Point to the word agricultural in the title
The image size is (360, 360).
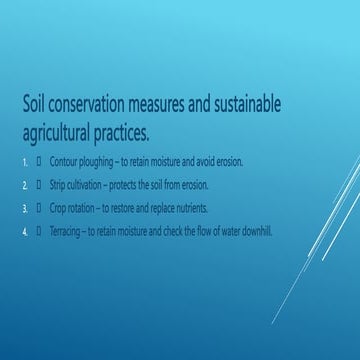65,131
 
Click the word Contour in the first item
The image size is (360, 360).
65,160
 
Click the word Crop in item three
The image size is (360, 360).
58,208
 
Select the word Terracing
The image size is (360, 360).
67,232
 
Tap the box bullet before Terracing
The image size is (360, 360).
38,232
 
